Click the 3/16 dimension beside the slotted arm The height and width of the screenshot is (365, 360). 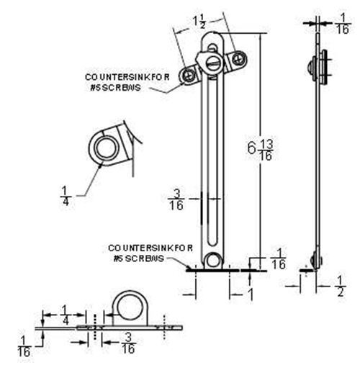point(175,199)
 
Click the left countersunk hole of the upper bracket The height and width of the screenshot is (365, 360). point(191,74)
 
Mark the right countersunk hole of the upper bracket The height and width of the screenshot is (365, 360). point(235,60)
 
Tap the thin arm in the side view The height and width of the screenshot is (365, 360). point(315,158)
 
